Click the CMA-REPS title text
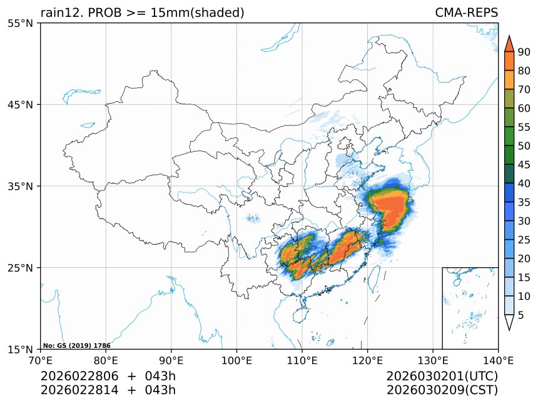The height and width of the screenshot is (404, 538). [466, 12]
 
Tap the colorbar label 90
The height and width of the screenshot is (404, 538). [524, 52]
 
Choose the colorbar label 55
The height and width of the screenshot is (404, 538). [524, 127]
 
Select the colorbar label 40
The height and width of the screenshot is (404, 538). [524, 184]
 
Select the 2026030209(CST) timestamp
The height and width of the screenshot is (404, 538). [442, 390]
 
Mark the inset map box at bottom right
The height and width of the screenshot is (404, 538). [470, 308]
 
